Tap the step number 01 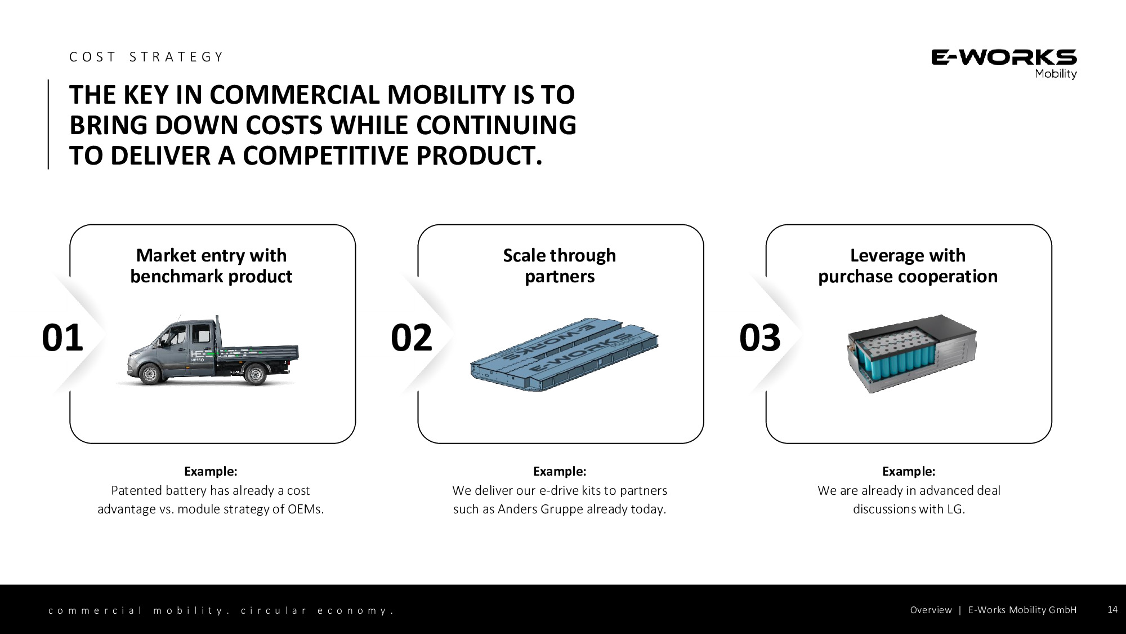click(x=62, y=338)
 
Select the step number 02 click(x=412, y=338)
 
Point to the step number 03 click(x=760, y=338)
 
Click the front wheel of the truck click(x=150, y=374)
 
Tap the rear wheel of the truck click(x=254, y=374)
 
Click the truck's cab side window click(x=201, y=334)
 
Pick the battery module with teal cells click(x=911, y=353)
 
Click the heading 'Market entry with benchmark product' click(x=211, y=265)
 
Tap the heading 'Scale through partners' click(x=560, y=265)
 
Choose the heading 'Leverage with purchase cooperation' click(x=908, y=265)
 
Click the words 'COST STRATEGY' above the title click(x=146, y=57)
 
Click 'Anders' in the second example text click(x=517, y=509)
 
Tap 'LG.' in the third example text click(x=956, y=509)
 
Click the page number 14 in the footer click(x=1112, y=609)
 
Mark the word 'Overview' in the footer click(x=931, y=610)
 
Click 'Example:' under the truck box click(x=211, y=471)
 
